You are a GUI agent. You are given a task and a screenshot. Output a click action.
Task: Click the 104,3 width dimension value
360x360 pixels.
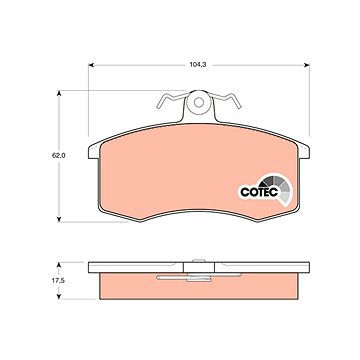pos(198,65)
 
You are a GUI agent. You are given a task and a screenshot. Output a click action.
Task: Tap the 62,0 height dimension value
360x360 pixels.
pos(58,155)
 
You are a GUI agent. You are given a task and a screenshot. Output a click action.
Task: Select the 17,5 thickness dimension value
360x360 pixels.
pos(58,281)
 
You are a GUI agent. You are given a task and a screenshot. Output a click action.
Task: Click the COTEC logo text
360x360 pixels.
pos(259,192)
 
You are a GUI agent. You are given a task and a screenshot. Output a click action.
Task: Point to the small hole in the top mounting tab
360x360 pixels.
pos(199,102)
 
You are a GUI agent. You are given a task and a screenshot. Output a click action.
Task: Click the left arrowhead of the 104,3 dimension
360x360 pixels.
pos(91,65)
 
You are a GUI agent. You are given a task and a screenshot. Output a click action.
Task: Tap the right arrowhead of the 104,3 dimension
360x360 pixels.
pos(307,65)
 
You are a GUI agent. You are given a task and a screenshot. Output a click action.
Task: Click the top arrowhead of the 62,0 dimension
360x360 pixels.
pos(59,93)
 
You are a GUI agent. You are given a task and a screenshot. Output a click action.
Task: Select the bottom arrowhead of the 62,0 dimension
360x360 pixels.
pos(59,219)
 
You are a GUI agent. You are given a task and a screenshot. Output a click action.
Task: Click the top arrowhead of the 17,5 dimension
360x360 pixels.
pos(59,265)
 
